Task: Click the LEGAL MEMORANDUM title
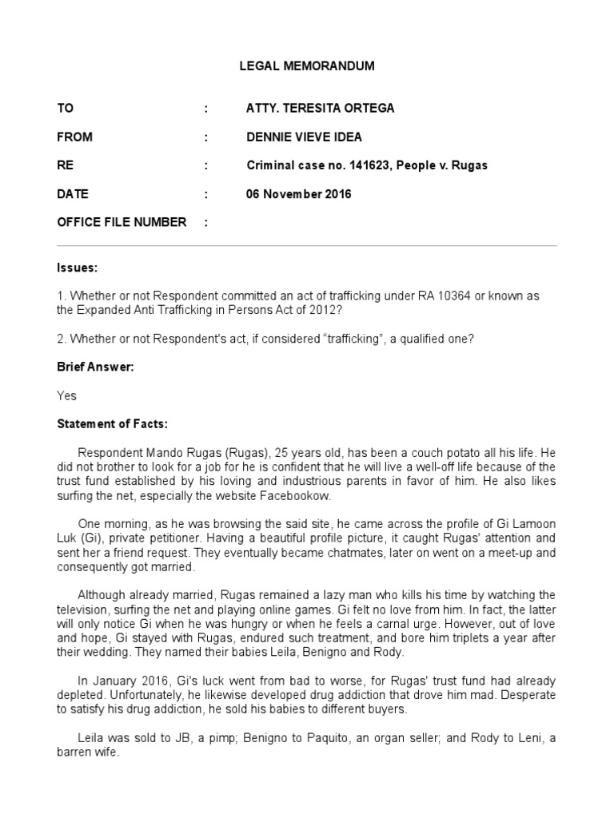(x=307, y=66)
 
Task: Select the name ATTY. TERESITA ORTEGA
(x=309, y=109)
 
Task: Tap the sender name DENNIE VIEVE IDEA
(x=304, y=137)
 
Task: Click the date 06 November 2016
(x=298, y=194)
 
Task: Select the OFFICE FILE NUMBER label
(x=122, y=222)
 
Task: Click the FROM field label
(x=74, y=137)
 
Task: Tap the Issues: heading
(x=77, y=267)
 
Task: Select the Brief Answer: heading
(x=94, y=367)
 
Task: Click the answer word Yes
(x=67, y=395)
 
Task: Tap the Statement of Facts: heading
(x=112, y=423)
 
